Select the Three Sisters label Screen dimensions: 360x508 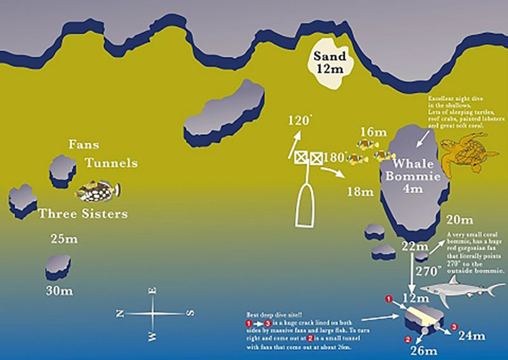[x=83, y=214]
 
